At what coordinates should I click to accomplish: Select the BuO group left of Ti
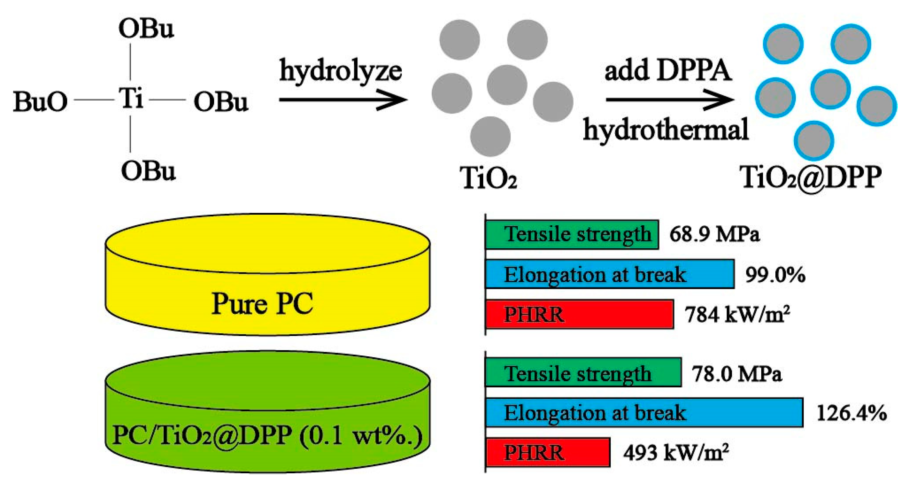(40, 102)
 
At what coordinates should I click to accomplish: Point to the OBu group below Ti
(148, 171)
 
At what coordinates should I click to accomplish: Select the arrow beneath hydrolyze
(343, 100)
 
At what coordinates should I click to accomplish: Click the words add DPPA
(668, 70)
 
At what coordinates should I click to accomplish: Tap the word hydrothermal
(666, 130)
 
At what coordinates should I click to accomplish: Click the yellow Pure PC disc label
(262, 303)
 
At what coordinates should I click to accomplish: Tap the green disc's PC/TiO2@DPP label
(267, 435)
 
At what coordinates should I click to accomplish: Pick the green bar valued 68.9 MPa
(572, 235)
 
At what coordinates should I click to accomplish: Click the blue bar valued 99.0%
(609, 274)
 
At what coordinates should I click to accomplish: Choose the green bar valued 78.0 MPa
(583, 373)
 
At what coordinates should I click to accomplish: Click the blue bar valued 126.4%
(644, 412)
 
